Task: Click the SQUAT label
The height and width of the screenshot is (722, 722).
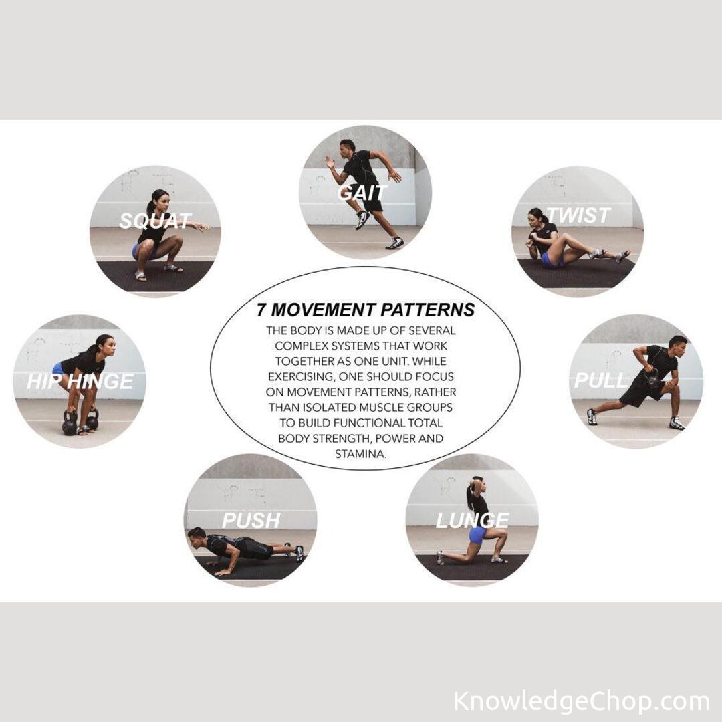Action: pos(155,221)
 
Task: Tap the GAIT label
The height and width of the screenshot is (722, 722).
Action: pos(362,193)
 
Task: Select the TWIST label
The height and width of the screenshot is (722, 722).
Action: pos(578,215)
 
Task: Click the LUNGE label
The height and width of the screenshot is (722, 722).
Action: pos(473,520)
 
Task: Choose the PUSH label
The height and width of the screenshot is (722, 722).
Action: pos(251,520)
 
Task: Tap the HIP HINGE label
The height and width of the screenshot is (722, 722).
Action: pos(80,381)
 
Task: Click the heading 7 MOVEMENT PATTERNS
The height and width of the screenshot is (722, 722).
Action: pos(366,310)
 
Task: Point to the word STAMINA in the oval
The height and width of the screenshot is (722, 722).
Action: pos(360,454)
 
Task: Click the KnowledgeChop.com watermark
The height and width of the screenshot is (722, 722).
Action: pos(581,701)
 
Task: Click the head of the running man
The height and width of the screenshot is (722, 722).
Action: pos(348,147)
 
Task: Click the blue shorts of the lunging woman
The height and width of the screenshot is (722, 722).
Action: pos(477,535)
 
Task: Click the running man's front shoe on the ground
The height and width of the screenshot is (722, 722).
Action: pos(395,243)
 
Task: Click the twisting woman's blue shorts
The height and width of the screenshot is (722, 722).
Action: pos(550,261)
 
